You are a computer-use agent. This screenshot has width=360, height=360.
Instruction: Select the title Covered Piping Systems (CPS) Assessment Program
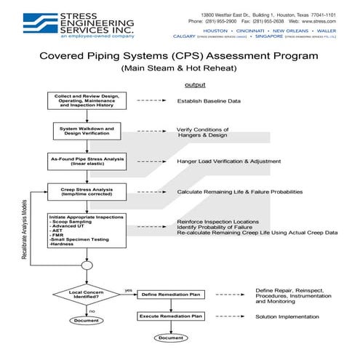point(180,55)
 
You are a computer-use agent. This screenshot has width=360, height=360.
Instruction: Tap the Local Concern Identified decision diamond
point(86,295)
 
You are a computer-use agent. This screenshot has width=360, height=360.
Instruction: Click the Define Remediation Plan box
point(171,295)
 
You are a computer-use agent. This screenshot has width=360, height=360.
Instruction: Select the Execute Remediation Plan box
point(171,317)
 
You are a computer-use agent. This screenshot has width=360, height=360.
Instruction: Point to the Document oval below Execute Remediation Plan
point(171,337)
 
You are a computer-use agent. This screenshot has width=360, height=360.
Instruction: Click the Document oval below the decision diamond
point(86,321)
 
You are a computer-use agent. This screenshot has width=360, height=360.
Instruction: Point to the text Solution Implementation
point(287,317)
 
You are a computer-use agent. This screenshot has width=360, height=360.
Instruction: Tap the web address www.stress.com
point(315,21)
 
